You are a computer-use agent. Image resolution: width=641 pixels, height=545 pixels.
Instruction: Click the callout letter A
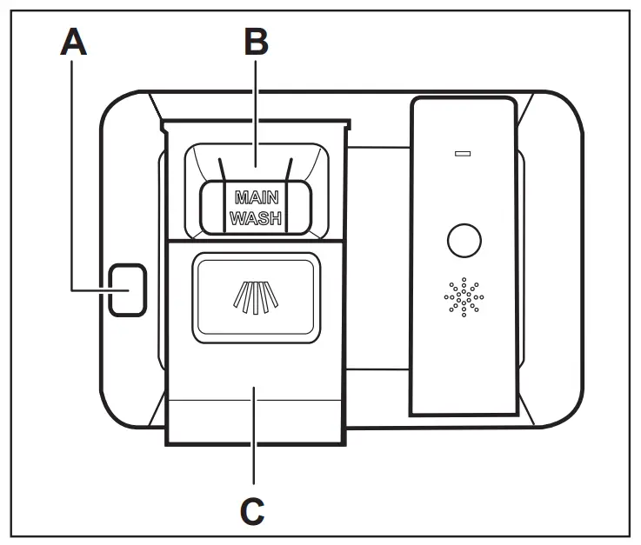(x=75, y=42)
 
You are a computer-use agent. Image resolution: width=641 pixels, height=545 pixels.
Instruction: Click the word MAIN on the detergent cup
(x=256, y=197)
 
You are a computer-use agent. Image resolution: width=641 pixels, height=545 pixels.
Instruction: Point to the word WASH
(x=256, y=219)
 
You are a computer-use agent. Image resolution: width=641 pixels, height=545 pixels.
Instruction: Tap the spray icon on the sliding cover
(x=254, y=296)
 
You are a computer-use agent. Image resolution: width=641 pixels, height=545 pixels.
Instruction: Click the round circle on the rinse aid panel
(x=464, y=240)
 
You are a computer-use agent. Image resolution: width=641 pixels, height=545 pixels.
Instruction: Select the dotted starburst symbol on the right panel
(x=464, y=298)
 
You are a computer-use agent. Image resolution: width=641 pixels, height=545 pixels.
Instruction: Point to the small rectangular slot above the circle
(x=463, y=155)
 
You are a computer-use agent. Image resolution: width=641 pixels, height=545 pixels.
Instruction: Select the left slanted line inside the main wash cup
(x=223, y=170)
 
